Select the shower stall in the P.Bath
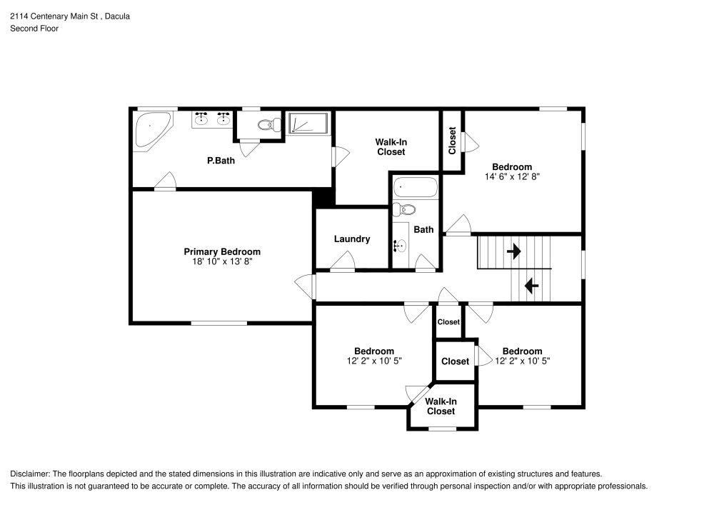coord(308,124)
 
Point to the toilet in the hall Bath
coord(405,210)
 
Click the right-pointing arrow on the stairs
coord(513,251)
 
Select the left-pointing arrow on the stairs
coord(531,286)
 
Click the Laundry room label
coord(351,239)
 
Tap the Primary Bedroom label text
coord(222,252)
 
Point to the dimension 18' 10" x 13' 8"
coord(222,262)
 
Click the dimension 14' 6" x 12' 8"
coord(511,176)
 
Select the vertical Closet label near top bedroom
coord(452,141)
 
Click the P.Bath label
coord(221,161)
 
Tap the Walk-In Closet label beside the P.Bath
coord(391,147)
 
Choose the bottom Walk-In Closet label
coord(441,406)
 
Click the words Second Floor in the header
coord(34,29)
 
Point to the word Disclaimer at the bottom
coord(29,474)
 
